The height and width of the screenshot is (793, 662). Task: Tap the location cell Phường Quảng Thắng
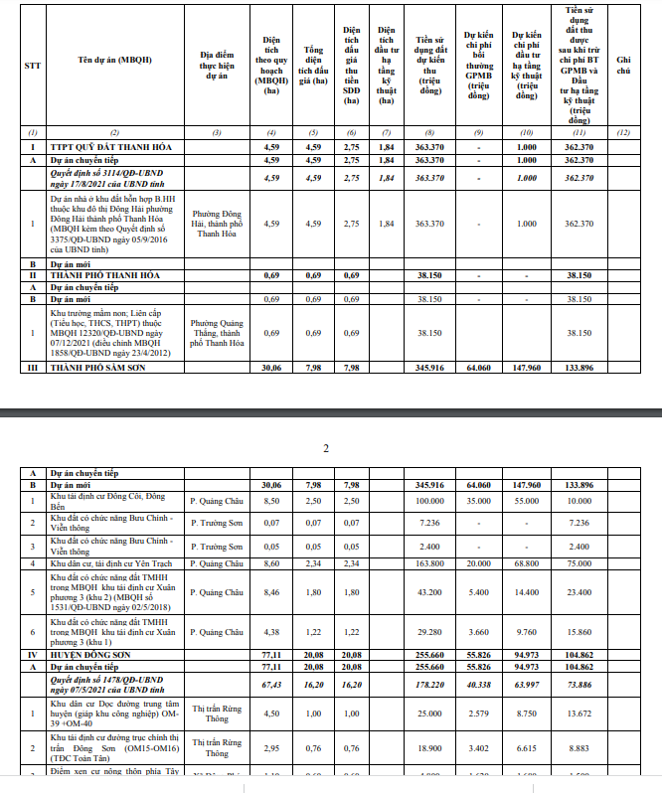pyautogui.click(x=217, y=332)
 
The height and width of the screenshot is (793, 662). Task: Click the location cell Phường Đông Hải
pyautogui.click(x=217, y=224)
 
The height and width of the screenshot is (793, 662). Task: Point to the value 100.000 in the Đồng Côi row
pyautogui.click(x=428, y=501)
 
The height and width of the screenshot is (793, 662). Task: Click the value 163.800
pyautogui.click(x=428, y=563)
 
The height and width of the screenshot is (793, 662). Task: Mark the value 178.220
pyautogui.click(x=428, y=685)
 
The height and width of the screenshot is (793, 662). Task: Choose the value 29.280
pyautogui.click(x=428, y=632)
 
